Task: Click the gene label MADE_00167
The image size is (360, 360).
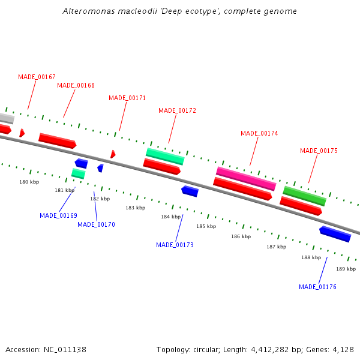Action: (37, 77)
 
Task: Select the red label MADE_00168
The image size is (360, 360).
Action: (76, 85)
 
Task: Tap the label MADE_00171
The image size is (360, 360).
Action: (127, 98)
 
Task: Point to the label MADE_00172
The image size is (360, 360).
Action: (177, 110)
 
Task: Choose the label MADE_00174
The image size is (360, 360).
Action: (259, 133)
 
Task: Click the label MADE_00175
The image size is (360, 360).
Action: (319, 151)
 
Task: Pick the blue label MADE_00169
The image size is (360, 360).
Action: (58, 215)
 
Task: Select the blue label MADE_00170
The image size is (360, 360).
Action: (96, 224)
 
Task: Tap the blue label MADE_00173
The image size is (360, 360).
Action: (175, 245)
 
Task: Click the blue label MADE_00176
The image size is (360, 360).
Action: (317, 287)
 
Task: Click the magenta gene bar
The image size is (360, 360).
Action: (246, 179)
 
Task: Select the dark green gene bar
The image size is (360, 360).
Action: (304, 196)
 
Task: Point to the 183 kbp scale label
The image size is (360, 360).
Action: (135, 208)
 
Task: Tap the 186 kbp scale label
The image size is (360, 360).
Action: (241, 236)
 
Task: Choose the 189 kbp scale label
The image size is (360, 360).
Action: (346, 269)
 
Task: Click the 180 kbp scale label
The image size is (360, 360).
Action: (29, 181)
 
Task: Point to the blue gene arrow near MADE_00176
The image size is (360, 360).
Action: (335, 234)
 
